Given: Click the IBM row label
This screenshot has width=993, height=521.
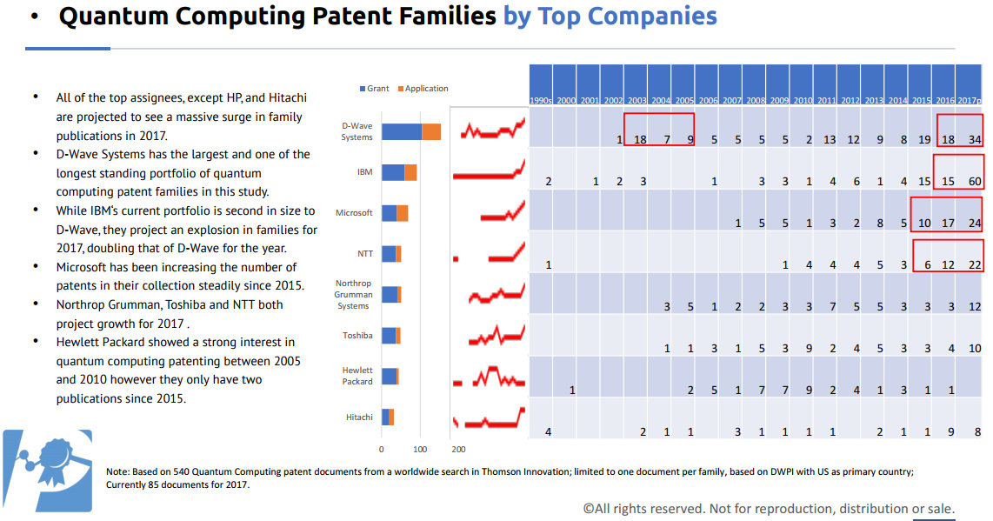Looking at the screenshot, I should coord(364,172).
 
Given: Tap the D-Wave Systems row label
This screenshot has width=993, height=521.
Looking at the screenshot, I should coord(357,131).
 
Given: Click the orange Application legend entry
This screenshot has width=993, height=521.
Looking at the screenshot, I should coord(423,89).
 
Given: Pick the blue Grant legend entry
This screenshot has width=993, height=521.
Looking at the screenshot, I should coord(375,89).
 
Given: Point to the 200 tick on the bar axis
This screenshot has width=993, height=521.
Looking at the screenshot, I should coord(458,450).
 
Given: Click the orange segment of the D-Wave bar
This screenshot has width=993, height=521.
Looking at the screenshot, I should coord(431,131).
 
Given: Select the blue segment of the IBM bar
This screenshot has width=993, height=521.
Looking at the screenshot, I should coord(392,172).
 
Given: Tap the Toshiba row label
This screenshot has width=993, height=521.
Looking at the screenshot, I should coord(357,335).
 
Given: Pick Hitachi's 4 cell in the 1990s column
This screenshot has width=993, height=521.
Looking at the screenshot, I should coord(548,432).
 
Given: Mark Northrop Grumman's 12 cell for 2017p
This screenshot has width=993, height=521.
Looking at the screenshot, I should coord(975,306).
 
